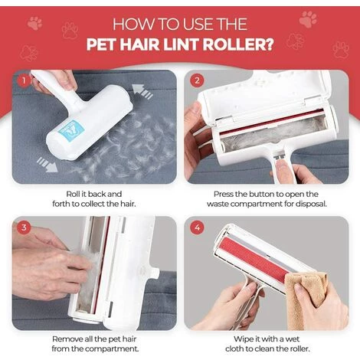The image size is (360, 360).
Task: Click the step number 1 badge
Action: [x=24, y=80]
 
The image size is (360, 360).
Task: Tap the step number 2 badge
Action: [x=197, y=80]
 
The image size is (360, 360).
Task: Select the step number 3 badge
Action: [x=24, y=227]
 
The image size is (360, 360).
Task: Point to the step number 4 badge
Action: [x=197, y=227]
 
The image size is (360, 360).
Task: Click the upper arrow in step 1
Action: [x=142, y=91]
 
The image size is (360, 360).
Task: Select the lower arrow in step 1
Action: [x=47, y=165]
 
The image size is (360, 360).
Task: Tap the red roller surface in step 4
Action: [x=255, y=258]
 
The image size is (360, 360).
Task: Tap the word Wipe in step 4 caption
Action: [x=242, y=339]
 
